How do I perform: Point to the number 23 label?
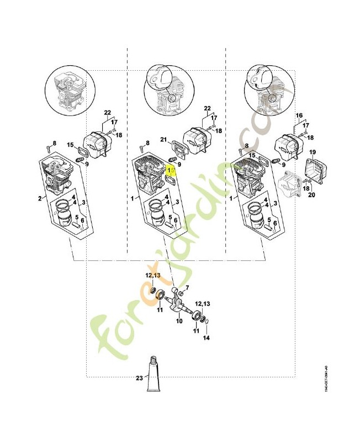(x=138, y=378)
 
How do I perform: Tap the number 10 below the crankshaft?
(x=179, y=320)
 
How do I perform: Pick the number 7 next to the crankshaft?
(x=188, y=287)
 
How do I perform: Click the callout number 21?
(x=163, y=139)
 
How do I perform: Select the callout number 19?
(x=312, y=152)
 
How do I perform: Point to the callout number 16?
(x=300, y=116)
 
